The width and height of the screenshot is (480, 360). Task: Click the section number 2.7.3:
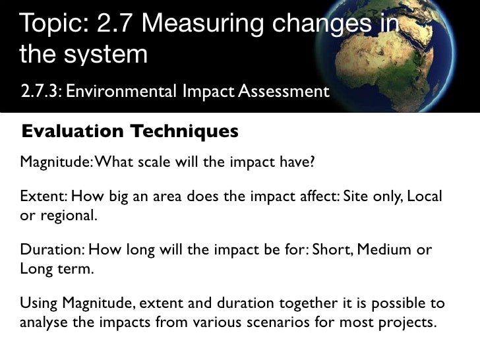[41, 90]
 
